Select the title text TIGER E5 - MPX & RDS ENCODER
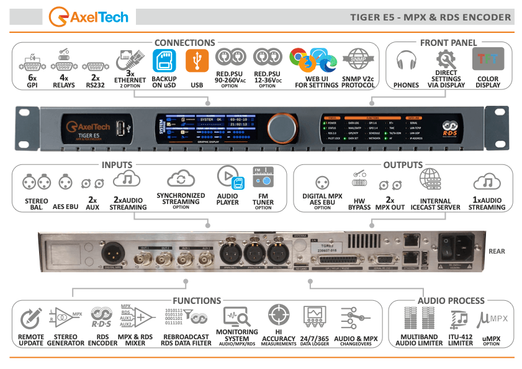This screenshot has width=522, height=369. [x=430, y=17]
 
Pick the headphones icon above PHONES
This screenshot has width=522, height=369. [x=406, y=61]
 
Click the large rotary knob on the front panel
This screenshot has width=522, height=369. [x=284, y=126]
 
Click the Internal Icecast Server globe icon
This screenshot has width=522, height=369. [x=430, y=179]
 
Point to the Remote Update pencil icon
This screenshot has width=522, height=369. [x=30, y=319]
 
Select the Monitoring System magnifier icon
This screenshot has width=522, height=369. [x=236, y=318]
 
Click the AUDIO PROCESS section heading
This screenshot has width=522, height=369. [x=451, y=300]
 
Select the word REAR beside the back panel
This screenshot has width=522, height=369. [x=497, y=251]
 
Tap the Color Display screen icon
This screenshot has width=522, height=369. [x=488, y=61]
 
